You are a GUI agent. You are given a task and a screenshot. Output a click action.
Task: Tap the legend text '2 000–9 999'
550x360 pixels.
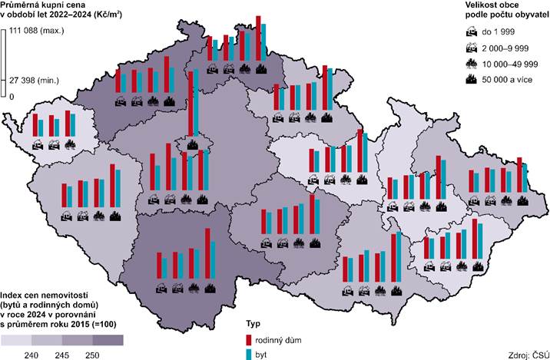tap(508, 47)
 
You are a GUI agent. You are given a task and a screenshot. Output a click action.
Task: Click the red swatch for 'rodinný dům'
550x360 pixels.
tap(248, 339)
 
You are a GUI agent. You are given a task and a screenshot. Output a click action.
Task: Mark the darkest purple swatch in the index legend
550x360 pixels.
tap(108, 339)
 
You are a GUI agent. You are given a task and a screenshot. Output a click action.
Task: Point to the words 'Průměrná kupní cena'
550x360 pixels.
tap(42, 5)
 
